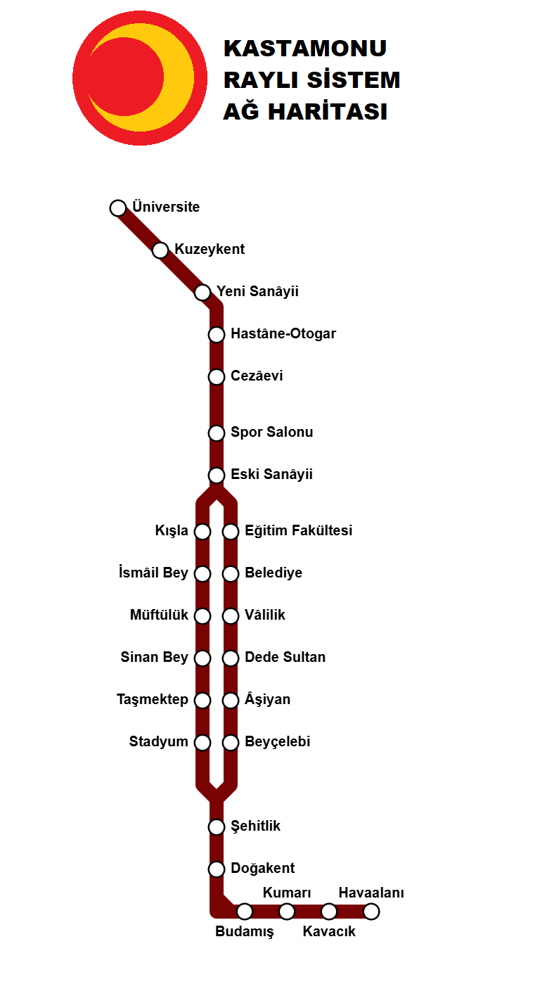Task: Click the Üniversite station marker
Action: click(x=118, y=207)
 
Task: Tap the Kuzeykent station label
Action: click(x=210, y=250)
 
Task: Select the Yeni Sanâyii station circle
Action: click(x=202, y=292)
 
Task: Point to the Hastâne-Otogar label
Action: click(x=283, y=334)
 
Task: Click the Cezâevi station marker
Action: click(x=217, y=376)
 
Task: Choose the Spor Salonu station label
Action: click(x=271, y=433)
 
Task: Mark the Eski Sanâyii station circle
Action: click(x=217, y=475)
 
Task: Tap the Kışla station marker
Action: click(x=202, y=531)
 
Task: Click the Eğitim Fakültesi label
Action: click(x=298, y=531)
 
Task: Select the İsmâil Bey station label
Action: click(x=154, y=573)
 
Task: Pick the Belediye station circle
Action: click(x=231, y=573)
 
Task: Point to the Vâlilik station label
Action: click(x=265, y=615)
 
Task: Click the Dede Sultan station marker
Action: click(x=231, y=658)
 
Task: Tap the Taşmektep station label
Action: click(x=153, y=700)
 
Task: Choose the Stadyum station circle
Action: click(x=202, y=742)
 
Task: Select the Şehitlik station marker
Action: click(x=217, y=826)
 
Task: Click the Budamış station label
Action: click(x=244, y=932)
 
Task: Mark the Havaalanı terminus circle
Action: click(x=371, y=912)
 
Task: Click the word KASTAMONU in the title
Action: click(x=305, y=49)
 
